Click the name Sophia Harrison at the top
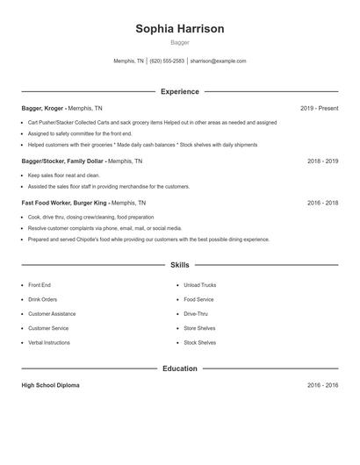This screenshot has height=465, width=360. [179, 29]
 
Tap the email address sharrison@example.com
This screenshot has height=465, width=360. [218, 61]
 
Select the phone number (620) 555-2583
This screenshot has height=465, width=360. [167, 61]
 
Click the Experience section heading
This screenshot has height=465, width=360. [179, 91]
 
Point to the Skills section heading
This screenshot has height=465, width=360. [179, 264]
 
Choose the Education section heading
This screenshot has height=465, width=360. [179, 368]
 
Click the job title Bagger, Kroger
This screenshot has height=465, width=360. [42, 108]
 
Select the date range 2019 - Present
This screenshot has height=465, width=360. [319, 108]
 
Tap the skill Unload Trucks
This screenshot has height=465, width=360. [200, 286]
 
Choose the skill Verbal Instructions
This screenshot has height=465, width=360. [49, 342]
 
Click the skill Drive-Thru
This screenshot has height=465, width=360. [197, 314]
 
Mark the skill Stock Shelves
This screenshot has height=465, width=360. [199, 342]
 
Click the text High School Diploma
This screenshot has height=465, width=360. [50, 385]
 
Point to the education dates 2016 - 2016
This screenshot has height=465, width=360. [322, 385]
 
